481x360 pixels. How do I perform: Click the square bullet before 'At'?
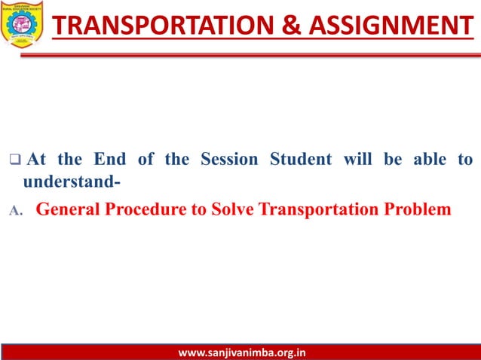[x=14, y=160]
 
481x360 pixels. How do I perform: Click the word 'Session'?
[x=228, y=160]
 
